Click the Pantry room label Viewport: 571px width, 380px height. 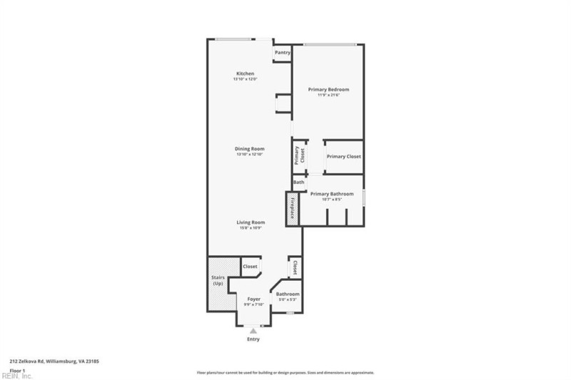[x=282, y=52]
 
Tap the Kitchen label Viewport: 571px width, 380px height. [x=245, y=73]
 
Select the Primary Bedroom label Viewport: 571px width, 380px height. [x=328, y=89]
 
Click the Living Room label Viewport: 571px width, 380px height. [x=251, y=222]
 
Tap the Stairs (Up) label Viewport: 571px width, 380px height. [x=218, y=281]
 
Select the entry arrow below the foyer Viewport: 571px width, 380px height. [x=253, y=330]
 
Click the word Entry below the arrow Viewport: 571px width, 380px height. [x=253, y=339]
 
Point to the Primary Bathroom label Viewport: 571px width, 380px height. [x=331, y=194]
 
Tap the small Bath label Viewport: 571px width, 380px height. [x=298, y=183]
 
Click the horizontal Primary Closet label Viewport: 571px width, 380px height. [x=343, y=156]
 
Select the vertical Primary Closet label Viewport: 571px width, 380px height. [x=298, y=155]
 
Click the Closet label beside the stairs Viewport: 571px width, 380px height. [x=250, y=267]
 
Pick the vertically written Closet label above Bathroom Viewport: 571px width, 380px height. [x=293, y=267]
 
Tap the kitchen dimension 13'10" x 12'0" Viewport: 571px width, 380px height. [x=245, y=79]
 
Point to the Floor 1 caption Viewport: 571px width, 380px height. [x=18, y=371]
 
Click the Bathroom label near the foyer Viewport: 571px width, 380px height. [x=288, y=294]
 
